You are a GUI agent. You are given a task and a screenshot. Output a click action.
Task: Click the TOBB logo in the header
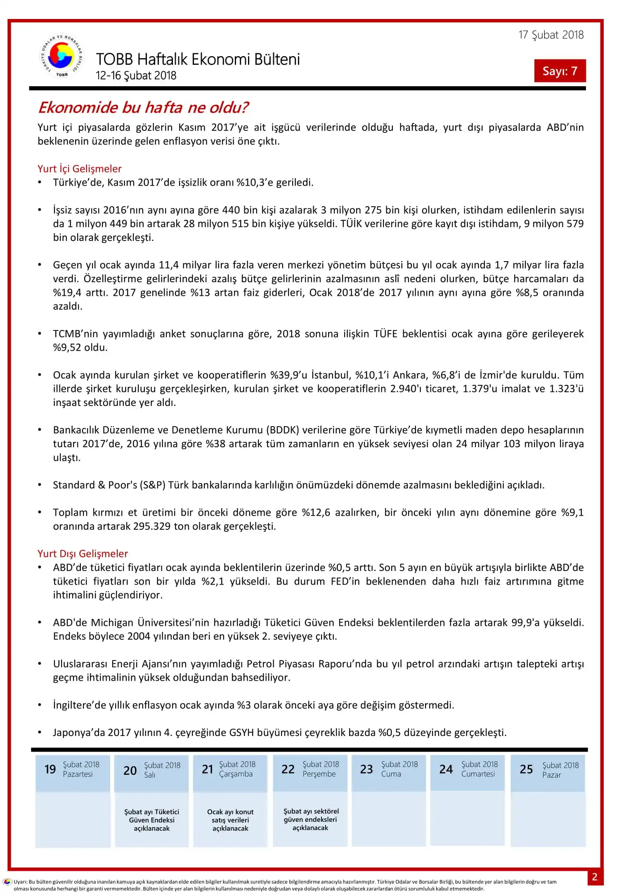[x=62, y=56]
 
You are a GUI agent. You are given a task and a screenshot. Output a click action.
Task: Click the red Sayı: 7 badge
[x=560, y=71]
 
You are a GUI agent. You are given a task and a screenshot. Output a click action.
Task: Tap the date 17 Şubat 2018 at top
[x=551, y=35]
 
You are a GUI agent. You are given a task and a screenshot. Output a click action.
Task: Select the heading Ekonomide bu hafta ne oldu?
[x=143, y=107]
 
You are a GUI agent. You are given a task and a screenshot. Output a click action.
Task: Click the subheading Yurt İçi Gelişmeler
[x=79, y=169]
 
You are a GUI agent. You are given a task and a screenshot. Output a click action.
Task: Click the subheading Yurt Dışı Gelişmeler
[x=83, y=554]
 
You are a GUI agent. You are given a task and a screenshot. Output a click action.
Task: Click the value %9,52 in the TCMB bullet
[x=67, y=348]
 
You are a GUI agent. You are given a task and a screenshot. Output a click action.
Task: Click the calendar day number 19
[x=50, y=769]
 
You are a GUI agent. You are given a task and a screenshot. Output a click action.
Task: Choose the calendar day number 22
[x=288, y=769]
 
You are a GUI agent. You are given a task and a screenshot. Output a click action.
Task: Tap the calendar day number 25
[x=526, y=769]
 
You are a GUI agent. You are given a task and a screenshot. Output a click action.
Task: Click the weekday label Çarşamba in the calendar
[x=236, y=774]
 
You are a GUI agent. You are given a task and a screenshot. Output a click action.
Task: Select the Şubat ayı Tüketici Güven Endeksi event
[x=151, y=820]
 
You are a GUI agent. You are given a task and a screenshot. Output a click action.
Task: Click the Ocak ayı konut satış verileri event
[x=230, y=820]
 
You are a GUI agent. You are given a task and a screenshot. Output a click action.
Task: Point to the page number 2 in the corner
[x=595, y=877]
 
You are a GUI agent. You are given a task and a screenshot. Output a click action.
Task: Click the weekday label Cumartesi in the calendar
[x=478, y=774]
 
